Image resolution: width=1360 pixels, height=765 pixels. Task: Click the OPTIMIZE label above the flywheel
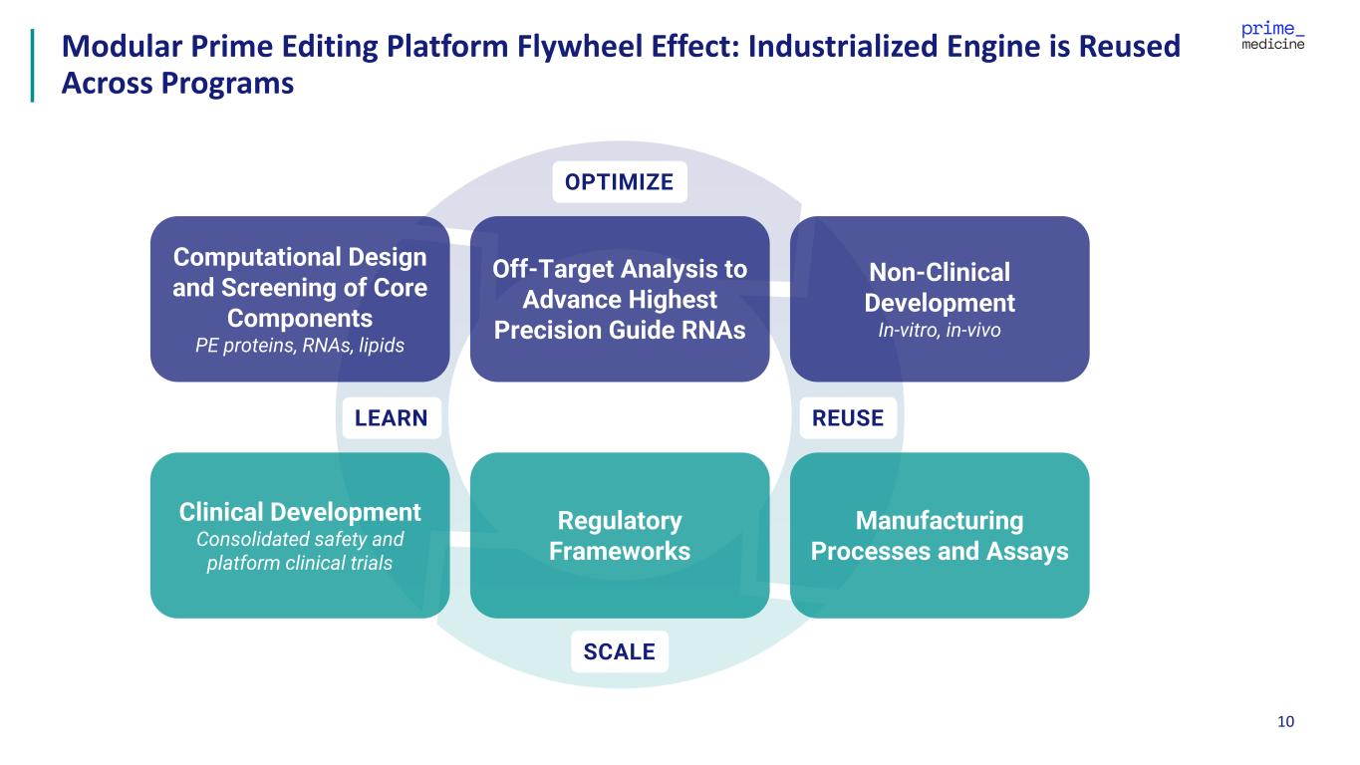[619, 182]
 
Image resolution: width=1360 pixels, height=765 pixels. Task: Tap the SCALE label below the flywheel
[619, 651]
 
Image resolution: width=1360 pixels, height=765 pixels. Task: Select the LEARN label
[391, 417]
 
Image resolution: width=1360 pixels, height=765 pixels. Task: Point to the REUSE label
[848, 417]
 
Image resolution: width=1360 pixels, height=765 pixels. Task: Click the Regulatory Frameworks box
[619, 536]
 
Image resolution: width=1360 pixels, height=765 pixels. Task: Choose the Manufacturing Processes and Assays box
[939, 536]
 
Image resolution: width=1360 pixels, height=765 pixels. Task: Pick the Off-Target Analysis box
[619, 299]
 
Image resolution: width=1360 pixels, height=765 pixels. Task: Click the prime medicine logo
[1272, 35]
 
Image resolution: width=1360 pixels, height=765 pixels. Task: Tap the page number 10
[1285, 721]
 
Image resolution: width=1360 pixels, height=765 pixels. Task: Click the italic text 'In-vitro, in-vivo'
[939, 330]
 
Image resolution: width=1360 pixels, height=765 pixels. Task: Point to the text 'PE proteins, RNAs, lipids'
[299, 345]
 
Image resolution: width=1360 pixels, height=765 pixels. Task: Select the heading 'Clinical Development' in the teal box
[300, 512]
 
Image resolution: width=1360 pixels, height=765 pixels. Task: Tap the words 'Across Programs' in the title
[177, 83]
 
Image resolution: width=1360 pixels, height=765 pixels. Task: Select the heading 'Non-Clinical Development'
[939, 287]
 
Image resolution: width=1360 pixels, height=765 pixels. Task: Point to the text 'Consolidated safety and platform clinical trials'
[300, 551]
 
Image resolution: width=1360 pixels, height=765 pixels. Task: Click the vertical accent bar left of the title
[33, 65]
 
